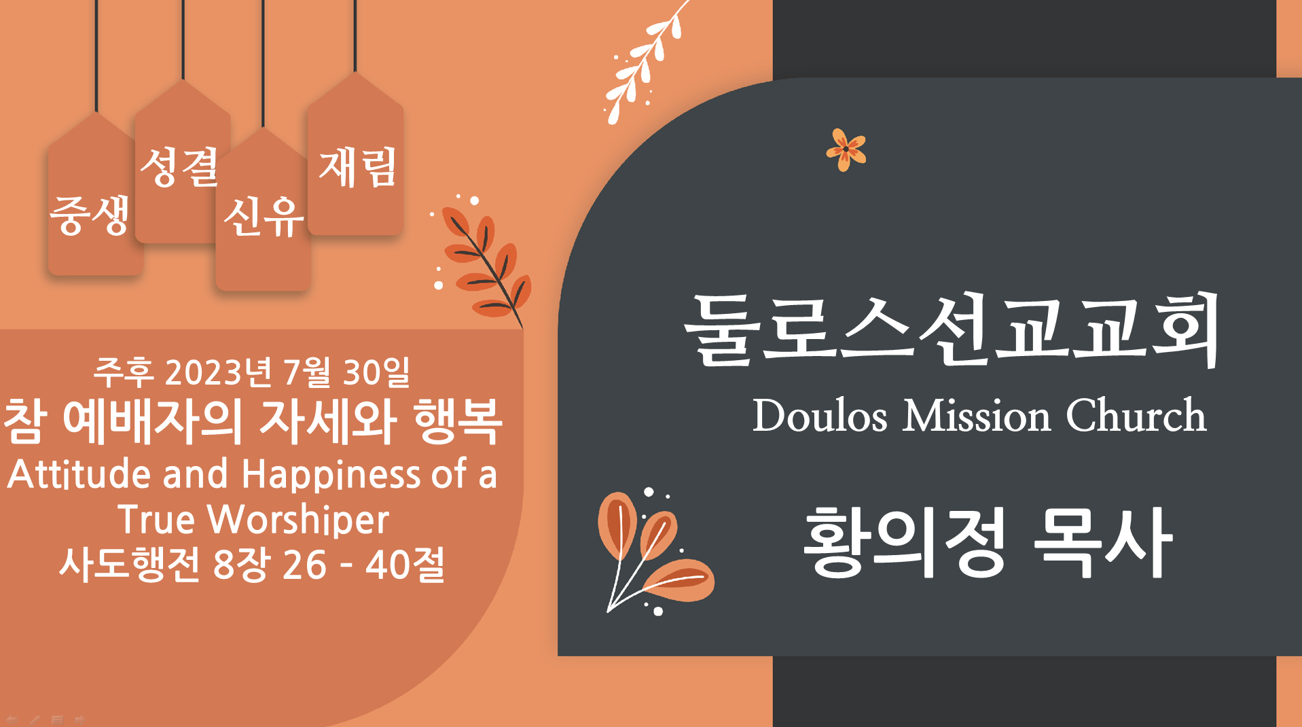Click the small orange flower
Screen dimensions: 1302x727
(x=846, y=149)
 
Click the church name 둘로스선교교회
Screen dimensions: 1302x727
(x=952, y=330)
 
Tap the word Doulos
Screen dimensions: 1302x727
(x=820, y=415)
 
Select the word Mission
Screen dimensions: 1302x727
(x=977, y=415)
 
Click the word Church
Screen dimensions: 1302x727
(x=1136, y=415)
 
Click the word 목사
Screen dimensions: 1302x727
(x=1103, y=542)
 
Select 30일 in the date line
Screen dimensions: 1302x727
(x=377, y=372)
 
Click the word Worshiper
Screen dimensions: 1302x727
(x=298, y=520)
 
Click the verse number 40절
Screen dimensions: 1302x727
(x=405, y=565)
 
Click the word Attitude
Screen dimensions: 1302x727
(x=79, y=474)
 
